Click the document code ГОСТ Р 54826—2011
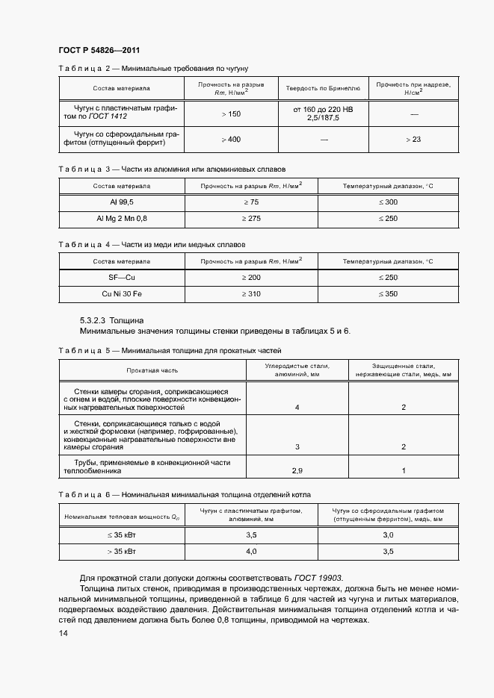pos(99,50)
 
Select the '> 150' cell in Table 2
pos(231,113)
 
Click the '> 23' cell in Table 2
pos(413,140)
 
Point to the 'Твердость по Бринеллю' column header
pos(323,88)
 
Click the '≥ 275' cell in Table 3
pos(250,219)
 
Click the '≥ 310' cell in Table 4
pos(250,294)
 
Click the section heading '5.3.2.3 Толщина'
pos(112,320)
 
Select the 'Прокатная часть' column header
pos(152,370)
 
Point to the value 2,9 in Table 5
pos(297,471)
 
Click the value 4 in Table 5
pos(297,408)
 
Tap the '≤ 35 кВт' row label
pos(122,535)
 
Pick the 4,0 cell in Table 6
pos(251,552)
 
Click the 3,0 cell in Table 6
pos(388,535)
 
